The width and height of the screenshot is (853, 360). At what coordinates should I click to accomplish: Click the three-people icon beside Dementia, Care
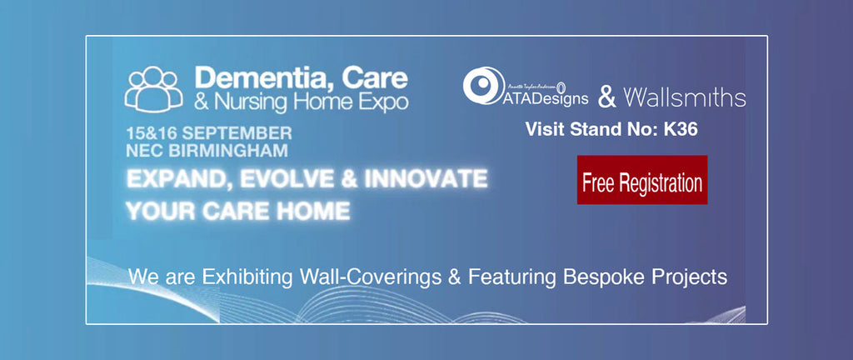[x=153, y=87]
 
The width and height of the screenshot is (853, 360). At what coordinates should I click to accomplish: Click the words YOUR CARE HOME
[x=237, y=209]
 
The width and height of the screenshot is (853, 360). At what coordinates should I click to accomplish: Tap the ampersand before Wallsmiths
[x=608, y=98]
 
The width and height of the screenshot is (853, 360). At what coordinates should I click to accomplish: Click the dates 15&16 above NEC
[x=152, y=133]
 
